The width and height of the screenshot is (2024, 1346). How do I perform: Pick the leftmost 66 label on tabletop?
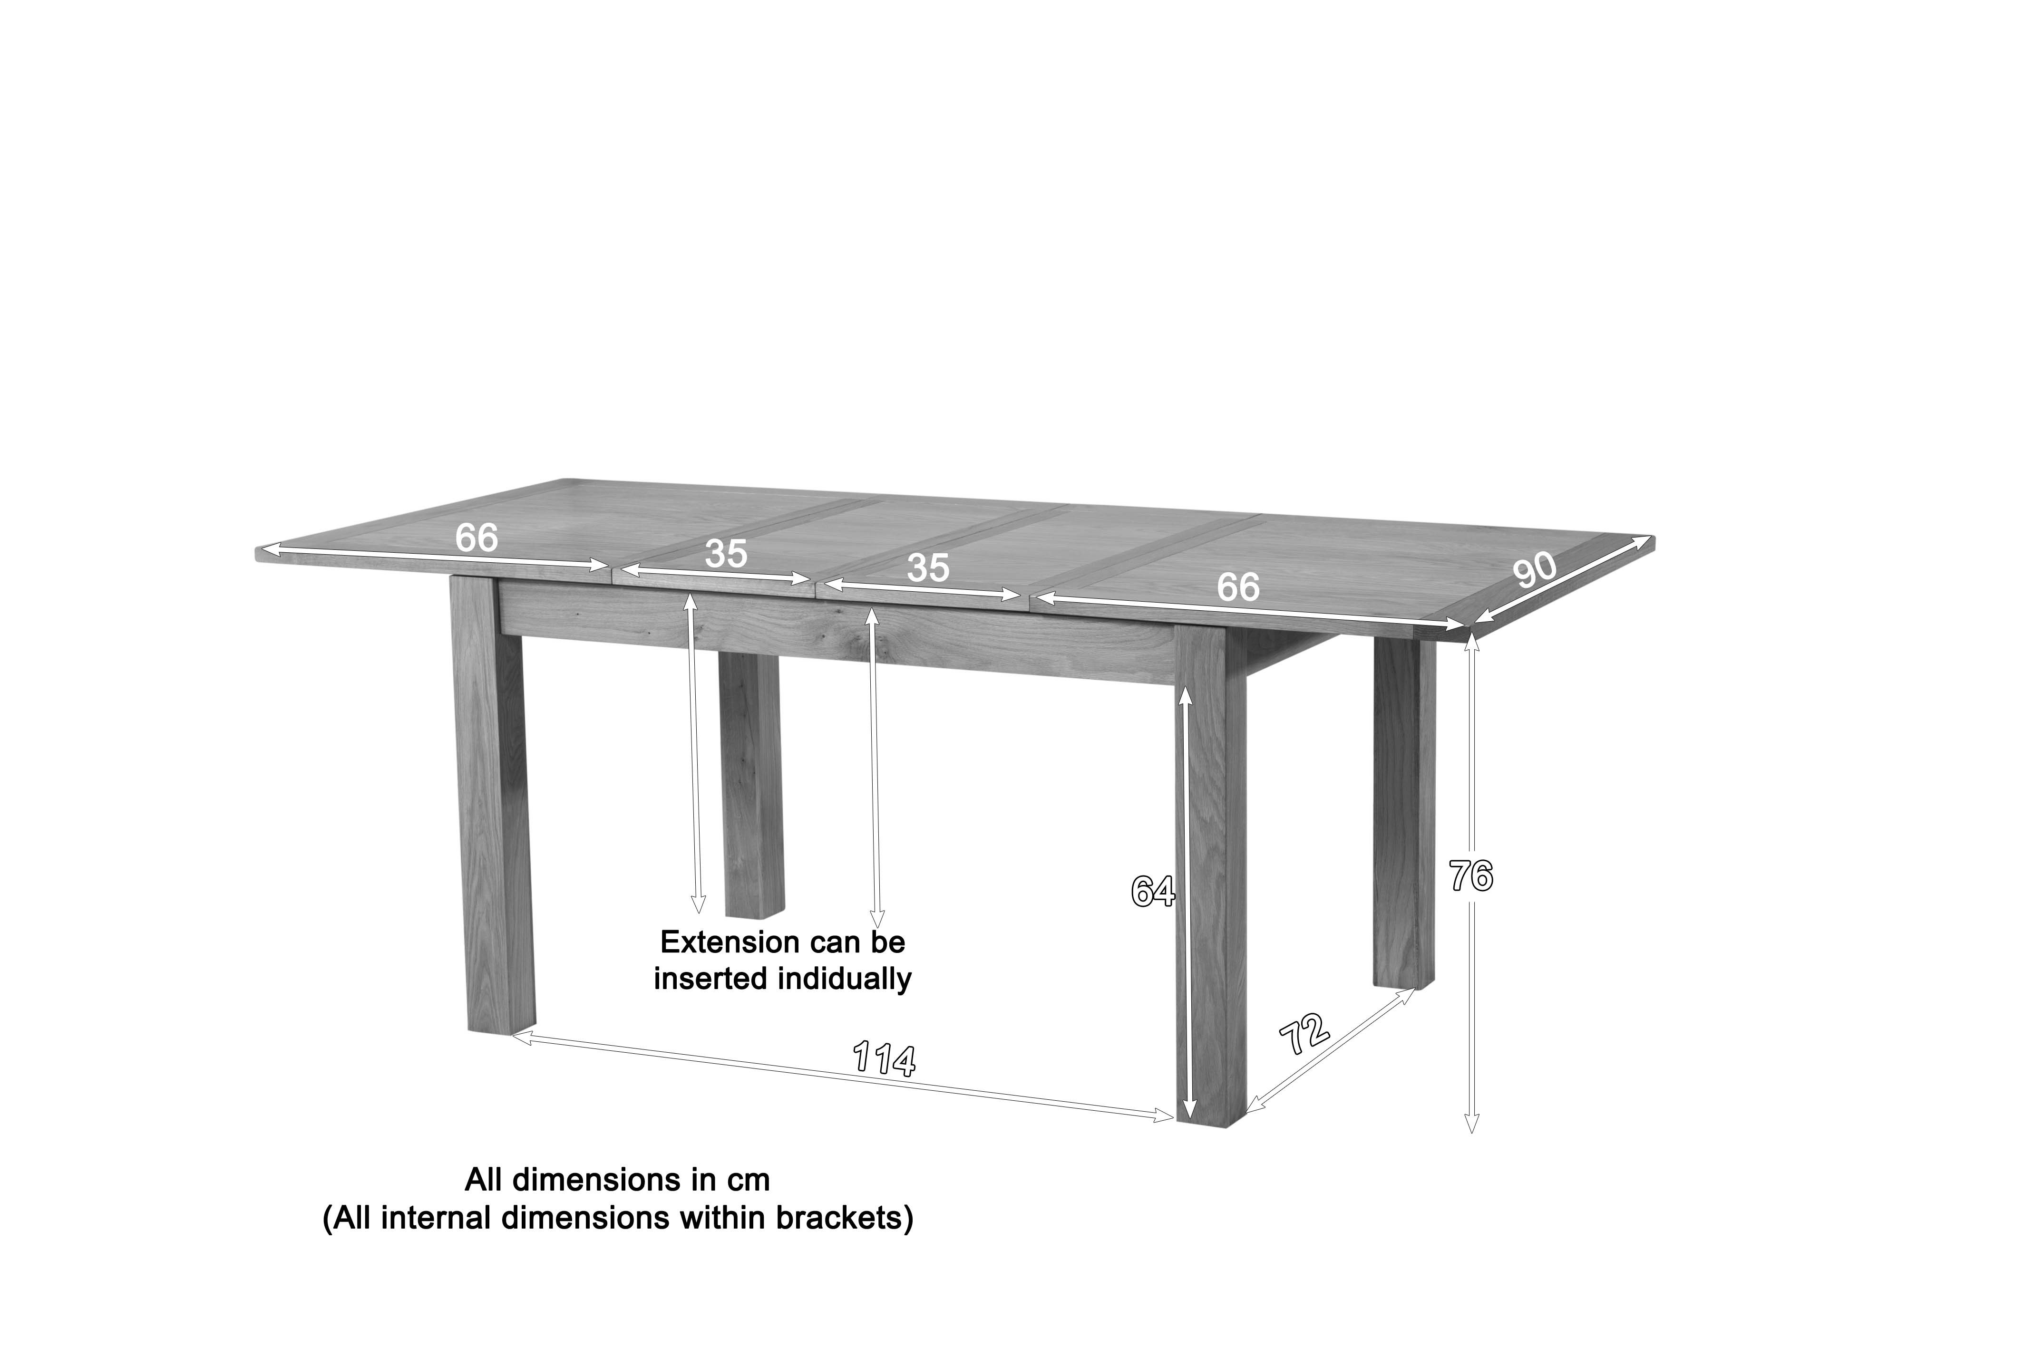[x=476, y=538]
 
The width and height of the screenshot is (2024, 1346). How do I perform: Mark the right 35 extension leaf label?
[x=927, y=568]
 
